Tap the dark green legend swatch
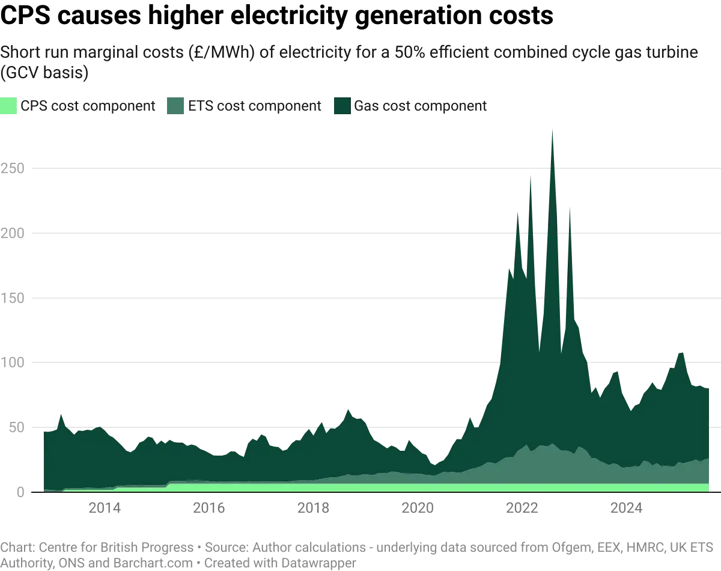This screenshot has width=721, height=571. [x=342, y=106]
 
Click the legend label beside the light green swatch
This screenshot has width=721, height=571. [x=90, y=107]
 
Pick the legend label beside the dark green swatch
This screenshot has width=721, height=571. [x=421, y=107]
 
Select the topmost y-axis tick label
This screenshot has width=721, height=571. [x=14, y=168]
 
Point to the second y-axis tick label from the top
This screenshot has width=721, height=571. [x=14, y=233]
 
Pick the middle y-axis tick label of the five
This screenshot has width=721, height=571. [x=14, y=298]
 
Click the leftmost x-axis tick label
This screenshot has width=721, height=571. [x=105, y=508]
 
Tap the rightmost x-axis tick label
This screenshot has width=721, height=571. [x=628, y=508]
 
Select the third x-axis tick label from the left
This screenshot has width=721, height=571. [x=314, y=508]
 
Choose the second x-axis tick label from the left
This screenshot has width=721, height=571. [x=209, y=508]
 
